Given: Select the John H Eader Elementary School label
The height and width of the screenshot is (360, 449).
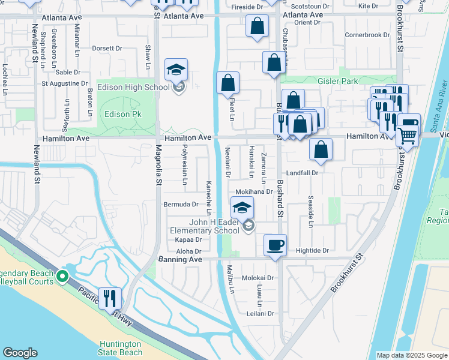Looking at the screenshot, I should (x=204, y=226).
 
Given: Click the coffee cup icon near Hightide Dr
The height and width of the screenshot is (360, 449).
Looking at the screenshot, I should (x=276, y=245).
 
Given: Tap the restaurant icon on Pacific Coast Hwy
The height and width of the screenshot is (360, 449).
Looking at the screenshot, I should (x=110, y=298).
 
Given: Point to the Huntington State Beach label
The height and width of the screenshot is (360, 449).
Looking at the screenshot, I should (x=121, y=348).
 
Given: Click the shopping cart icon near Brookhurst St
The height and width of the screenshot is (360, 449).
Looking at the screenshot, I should (x=408, y=136).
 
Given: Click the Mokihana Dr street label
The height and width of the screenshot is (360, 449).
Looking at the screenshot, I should (x=254, y=192).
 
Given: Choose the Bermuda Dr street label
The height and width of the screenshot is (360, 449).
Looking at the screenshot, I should (x=181, y=204).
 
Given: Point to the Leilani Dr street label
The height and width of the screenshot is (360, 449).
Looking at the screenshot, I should (x=260, y=313).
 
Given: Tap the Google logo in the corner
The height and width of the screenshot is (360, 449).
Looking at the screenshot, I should (x=20, y=353).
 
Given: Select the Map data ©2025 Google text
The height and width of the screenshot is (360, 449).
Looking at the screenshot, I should (x=411, y=355).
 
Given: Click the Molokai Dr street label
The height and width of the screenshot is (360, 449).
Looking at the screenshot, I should (x=258, y=278).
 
